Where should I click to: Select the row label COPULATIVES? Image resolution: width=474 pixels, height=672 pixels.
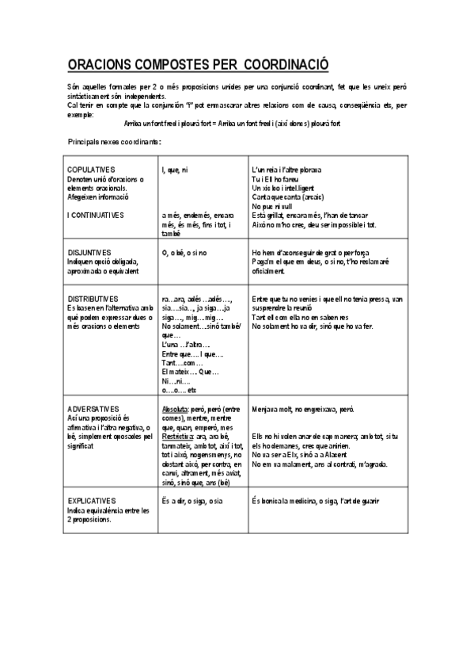(92, 170)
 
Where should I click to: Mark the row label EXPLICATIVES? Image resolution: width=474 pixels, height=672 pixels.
(92, 501)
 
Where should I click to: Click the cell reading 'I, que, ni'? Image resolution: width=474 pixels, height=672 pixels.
(174, 170)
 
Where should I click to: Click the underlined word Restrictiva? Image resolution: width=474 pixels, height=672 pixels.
(177, 437)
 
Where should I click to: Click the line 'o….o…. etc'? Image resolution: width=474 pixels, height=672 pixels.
(178, 391)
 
